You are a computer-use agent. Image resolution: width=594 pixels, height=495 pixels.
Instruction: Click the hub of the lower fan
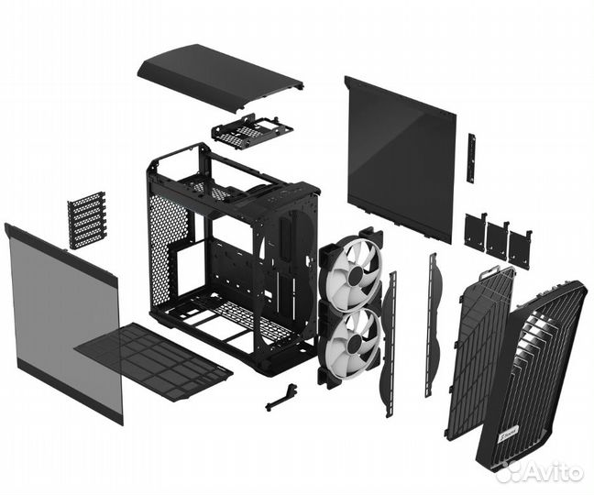coord(353,341)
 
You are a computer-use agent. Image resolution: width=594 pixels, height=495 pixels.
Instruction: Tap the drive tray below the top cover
coord(251,131)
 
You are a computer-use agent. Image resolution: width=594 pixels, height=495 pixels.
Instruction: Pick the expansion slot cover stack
coord(86,220)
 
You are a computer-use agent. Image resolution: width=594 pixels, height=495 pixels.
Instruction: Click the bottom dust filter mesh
coord(153,360)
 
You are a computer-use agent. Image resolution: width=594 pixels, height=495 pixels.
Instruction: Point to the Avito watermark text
coord(545,472)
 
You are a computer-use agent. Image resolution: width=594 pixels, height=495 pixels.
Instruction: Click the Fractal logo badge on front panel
coord(500,439)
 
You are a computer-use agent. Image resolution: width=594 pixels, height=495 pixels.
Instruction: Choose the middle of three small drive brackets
coord(498,240)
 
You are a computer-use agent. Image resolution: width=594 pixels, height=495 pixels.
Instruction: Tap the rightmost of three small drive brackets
coord(520,248)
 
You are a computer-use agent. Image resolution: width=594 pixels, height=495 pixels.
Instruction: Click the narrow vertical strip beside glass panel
coord(472,159)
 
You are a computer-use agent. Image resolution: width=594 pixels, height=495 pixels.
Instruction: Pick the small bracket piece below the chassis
coord(282,397)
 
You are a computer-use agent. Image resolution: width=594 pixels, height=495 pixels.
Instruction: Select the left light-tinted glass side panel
coord(63,322)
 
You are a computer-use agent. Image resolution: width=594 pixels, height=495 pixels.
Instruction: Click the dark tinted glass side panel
coord(401,159)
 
